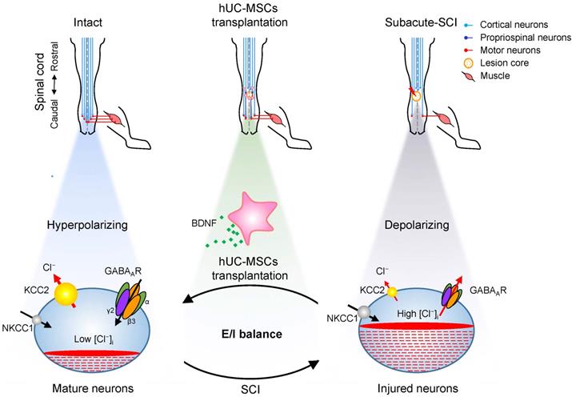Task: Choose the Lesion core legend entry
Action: tap(492, 63)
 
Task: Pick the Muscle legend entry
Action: tap(486, 78)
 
